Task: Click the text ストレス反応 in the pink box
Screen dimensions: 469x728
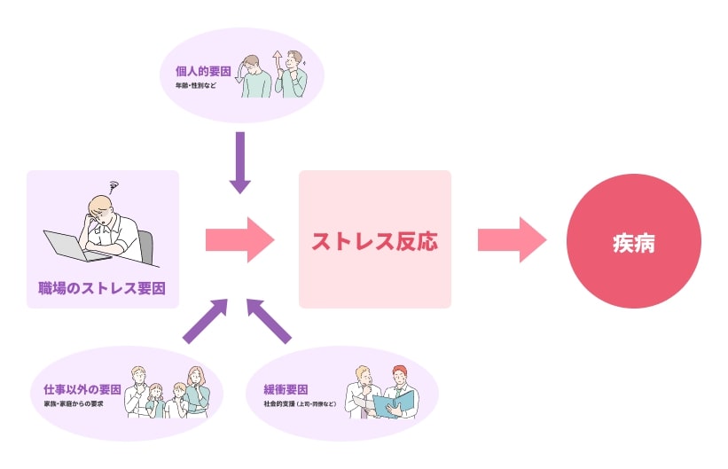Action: (x=374, y=241)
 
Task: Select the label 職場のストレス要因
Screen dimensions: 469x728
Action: (x=102, y=288)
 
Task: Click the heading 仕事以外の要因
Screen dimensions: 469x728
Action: (x=82, y=389)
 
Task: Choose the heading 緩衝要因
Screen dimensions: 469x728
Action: (x=286, y=389)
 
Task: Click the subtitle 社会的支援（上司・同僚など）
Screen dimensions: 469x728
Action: (x=299, y=403)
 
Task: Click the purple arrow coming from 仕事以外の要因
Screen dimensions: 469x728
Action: (x=205, y=321)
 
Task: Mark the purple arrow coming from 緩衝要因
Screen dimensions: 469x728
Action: (x=268, y=321)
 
